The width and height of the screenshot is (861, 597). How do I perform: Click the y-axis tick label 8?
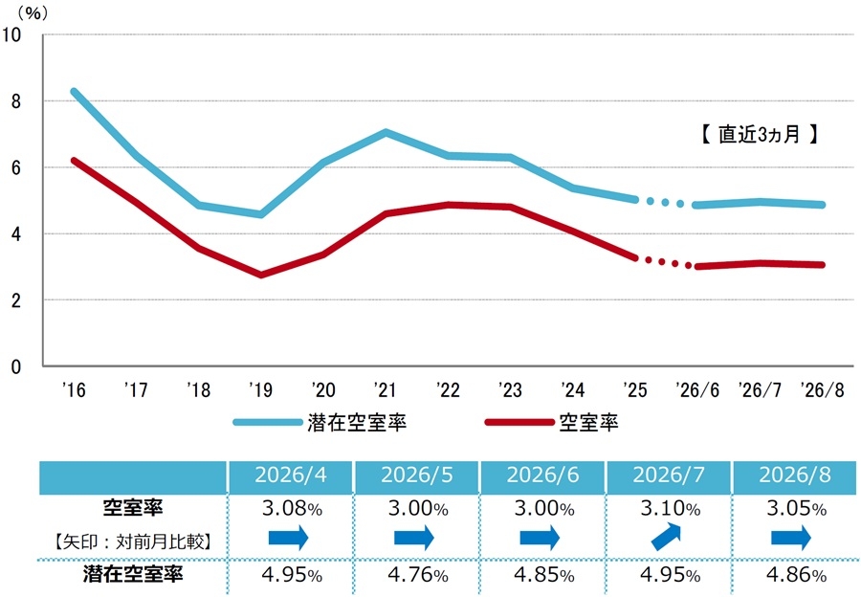pyautogui.click(x=15, y=101)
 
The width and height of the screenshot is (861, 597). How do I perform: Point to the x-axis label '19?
pyautogui.click(x=260, y=390)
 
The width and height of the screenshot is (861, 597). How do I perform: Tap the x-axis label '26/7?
pyautogui.click(x=760, y=390)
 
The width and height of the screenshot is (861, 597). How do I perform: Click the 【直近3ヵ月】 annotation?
pyautogui.click(x=760, y=134)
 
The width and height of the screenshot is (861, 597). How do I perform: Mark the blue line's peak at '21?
pyautogui.click(x=386, y=132)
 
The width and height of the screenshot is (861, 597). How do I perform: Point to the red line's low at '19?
pyautogui.click(x=260, y=275)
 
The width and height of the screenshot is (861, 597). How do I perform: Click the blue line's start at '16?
pyautogui.click(x=74, y=91)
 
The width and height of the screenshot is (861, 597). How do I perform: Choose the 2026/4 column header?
pyautogui.click(x=291, y=475)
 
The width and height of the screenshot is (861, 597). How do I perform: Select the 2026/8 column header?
pyautogui.click(x=795, y=475)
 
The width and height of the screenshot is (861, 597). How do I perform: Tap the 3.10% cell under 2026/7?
pyautogui.click(x=670, y=509)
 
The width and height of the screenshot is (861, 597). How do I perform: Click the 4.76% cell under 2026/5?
pyautogui.click(x=418, y=575)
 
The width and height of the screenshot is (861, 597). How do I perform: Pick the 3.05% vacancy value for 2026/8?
pyautogui.click(x=796, y=509)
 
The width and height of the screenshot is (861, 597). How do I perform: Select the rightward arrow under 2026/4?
pyautogui.click(x=288, y=537)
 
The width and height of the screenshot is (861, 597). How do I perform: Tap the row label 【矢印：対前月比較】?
pyautogui.click(x=132, y=542)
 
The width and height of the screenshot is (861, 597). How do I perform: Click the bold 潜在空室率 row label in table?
pyautogui.click(x=133, y=574)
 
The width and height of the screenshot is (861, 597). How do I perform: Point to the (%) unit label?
pyautogui.click(x=33, y=12)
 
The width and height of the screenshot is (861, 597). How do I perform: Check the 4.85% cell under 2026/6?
pyautogui.click(x=544, y=575)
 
